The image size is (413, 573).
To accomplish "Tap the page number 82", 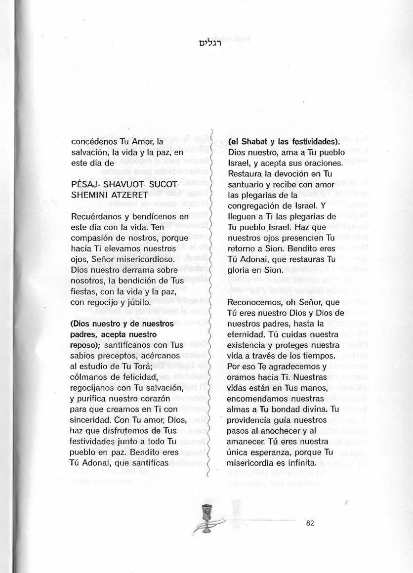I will [310, 524].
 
